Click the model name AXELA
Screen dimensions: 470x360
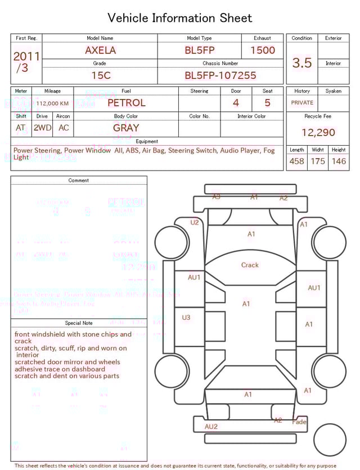(x=100, y=50)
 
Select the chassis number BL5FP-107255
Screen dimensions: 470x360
(x=220, y=75)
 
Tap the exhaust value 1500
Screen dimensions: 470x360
(x=262, y=50)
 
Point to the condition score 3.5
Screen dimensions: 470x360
(x=301, y=63)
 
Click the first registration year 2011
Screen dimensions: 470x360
(x=26, y=56)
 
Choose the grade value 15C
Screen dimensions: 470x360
(x=100, y=75)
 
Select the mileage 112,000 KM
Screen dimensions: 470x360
(x=53, y=103)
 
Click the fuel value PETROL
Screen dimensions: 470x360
(x=126, y=102)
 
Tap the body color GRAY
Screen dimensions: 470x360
(x=126, y=128)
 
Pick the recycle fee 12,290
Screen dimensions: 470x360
(x=318, y=132)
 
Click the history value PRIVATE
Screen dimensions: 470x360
(x=302, y=102)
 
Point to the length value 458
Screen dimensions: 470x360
(x=296, y=161)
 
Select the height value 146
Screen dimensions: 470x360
(x=339, y=161)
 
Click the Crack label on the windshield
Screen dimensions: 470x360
(x=250, y=265)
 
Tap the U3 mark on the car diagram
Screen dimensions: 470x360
(x=186, y=317)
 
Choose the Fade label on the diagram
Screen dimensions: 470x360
(x=299, y=422)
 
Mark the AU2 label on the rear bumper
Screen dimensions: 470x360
(x=211, y=426)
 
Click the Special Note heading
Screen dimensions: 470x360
(x=79, y=323)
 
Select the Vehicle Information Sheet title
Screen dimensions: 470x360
(x=180, y=18)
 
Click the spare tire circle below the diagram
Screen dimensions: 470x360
(x=329, y=440)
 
